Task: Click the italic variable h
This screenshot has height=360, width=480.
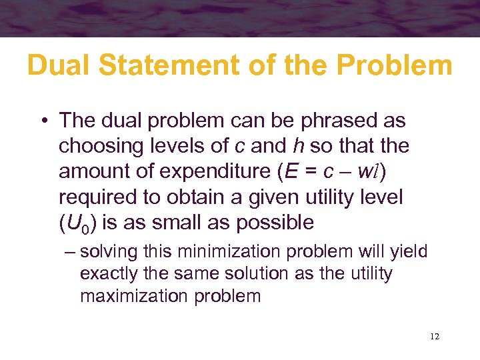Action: coord(298,145)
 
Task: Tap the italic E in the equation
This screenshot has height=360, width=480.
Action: coord(289,171)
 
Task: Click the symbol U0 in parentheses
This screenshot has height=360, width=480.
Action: coord(77,223)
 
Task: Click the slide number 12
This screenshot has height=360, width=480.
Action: coord(434,337)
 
